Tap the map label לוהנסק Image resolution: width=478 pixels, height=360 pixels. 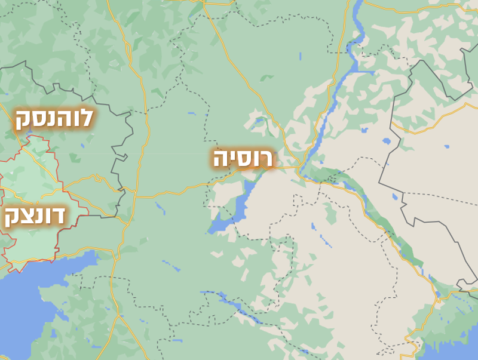pyautogui.click(x=54, y=119)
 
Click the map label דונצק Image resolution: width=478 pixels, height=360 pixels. pyautogui.click(x=35, y=217)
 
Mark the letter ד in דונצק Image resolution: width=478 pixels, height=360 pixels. pyautogui.click(x=59, y=216)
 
